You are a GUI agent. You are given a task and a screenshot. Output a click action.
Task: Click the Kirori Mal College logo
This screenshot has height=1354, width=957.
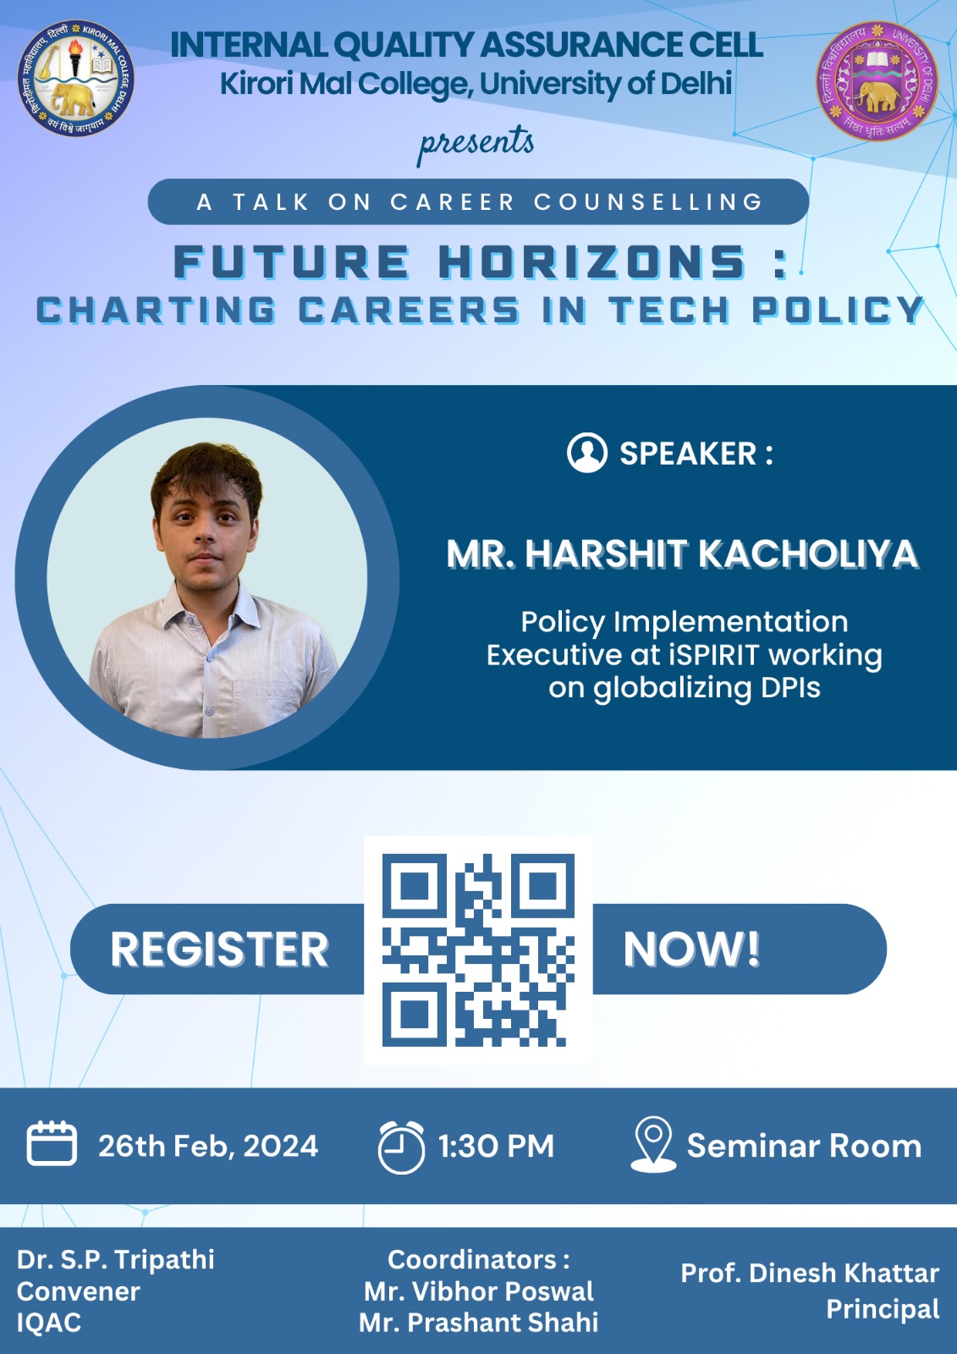click(x=75, y=78)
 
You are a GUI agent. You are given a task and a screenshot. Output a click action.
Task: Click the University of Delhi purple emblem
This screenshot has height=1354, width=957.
click(x=877, y=81)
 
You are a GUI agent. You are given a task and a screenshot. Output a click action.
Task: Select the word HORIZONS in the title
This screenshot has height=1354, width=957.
click(x=592, y=262)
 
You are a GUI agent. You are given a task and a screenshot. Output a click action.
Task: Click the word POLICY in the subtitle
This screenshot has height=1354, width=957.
click(x=838, y=310)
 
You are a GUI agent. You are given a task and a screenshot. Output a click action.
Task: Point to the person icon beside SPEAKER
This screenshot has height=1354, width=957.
click(x=587, y=452)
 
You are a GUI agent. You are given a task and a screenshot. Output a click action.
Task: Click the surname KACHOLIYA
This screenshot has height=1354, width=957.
click(x=808, y=553)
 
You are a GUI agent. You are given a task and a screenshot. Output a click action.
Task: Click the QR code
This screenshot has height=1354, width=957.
click(x=478, y=950)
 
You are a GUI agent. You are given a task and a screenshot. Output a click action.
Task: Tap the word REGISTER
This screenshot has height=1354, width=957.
click(x=219, y=949)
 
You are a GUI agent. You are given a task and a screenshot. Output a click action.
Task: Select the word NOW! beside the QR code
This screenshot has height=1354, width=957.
click(x=691, y=949)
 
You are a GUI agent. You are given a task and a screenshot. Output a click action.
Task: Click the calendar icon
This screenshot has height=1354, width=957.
click(x=52, y=1143)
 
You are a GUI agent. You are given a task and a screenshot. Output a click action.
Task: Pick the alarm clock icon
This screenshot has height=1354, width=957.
click(x=401, y=1147)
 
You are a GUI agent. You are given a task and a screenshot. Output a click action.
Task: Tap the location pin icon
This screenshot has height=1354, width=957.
click(x=653, y=1144)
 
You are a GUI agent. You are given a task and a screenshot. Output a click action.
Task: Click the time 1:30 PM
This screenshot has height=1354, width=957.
click(x=496, y=1146)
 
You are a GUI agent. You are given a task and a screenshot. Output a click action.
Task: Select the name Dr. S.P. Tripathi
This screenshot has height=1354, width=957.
click(x=115, y=1260)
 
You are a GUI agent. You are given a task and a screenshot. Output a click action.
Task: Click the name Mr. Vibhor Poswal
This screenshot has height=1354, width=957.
click(x=479, y=1291)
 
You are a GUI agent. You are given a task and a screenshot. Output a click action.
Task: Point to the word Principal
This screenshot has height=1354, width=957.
click(x=883, y=1309)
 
